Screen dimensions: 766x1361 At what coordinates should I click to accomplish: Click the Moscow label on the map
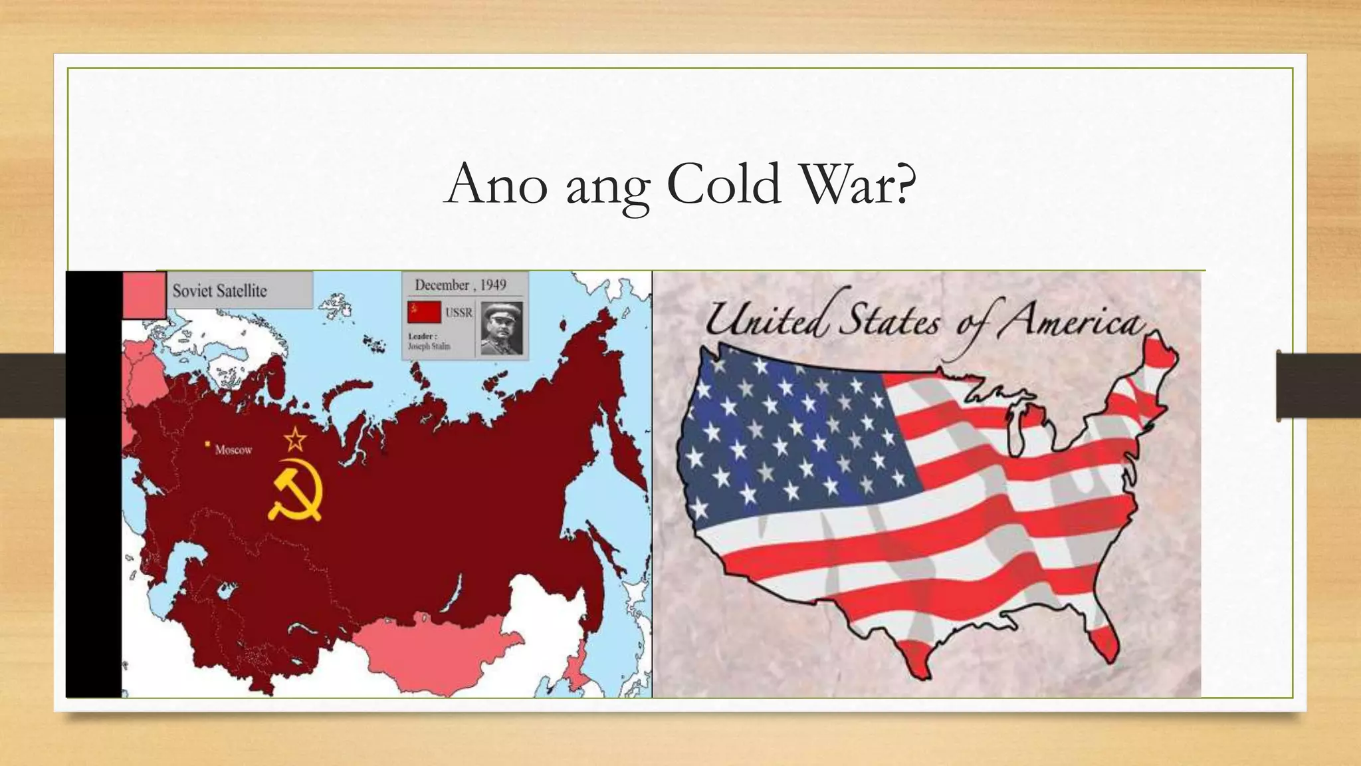click(x=233, y=450)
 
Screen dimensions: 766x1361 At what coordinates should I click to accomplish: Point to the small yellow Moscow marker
click(x=208, y=444)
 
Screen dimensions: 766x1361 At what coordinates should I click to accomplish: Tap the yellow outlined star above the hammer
click(x=295, y=440)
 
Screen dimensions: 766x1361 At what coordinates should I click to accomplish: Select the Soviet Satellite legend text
click(x=219, y=291)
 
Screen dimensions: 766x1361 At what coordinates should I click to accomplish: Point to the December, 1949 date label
click(x=461, y=285)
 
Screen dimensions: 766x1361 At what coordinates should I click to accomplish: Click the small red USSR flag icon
click(x=424, y=312)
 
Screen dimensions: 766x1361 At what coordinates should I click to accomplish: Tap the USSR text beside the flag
click(x=459, y=313)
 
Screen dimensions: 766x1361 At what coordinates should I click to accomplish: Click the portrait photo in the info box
click(x=502, y=327)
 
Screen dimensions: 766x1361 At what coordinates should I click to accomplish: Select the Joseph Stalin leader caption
click(x=429, y=346)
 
